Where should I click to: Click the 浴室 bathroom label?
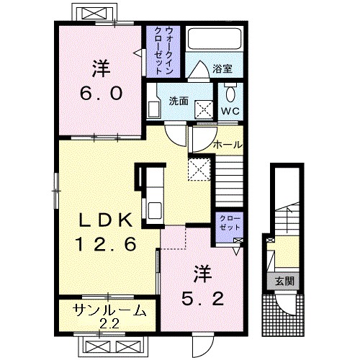point(222,69)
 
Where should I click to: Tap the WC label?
point(230,111)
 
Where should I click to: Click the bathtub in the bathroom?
point(215,39)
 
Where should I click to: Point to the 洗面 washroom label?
point(179,102)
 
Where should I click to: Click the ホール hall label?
point(228,145)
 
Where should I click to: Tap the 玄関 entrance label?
point(284,281)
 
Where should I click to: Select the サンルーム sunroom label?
point(109,310)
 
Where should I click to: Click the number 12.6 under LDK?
point(106,244)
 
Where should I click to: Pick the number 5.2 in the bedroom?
point(202,299)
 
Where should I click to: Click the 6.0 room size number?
point(101,94)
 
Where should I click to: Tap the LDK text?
point(106,220)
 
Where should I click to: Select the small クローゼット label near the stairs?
point(230,223)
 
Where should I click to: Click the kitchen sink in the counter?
point(155,210)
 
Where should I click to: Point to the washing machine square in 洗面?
point(204,109)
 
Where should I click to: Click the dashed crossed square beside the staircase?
point(199,169)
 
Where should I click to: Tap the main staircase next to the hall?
point(229,181)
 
